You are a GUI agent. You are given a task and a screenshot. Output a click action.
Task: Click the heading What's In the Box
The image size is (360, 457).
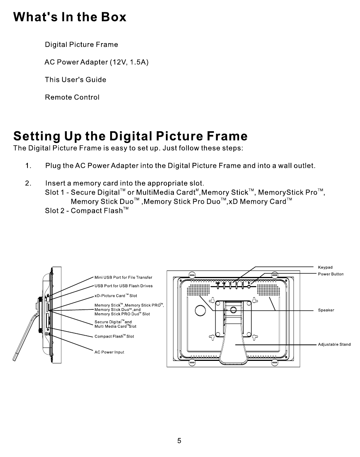70,17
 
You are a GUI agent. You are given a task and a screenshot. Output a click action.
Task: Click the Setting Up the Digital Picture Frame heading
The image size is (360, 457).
130,136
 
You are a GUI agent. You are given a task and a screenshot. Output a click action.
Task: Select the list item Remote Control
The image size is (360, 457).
72,97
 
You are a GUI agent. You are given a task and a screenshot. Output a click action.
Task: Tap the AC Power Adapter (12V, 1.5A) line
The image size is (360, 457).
96,62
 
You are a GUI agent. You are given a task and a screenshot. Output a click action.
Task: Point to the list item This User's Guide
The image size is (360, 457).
76,80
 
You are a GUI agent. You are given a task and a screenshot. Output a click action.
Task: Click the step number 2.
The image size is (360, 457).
28,183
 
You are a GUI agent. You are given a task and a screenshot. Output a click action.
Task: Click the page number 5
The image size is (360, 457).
179,441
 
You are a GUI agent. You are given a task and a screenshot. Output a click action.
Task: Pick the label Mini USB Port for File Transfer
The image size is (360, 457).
123,277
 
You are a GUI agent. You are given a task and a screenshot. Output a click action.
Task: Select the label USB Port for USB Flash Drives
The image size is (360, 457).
123,286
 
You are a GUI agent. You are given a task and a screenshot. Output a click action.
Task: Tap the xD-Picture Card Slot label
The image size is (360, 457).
116,296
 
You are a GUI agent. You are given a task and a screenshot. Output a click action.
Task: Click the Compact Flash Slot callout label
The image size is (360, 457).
114,336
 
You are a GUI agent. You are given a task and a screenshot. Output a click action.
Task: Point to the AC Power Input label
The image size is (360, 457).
109,352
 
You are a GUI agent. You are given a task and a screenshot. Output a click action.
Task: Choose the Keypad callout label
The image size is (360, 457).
325,267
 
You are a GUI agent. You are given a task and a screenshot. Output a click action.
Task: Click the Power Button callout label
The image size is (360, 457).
331,274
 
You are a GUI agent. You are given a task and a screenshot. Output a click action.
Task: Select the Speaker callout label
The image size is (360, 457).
326,310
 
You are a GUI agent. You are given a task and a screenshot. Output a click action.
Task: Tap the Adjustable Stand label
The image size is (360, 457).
334,344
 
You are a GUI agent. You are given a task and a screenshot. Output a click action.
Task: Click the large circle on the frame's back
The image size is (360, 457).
200,311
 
